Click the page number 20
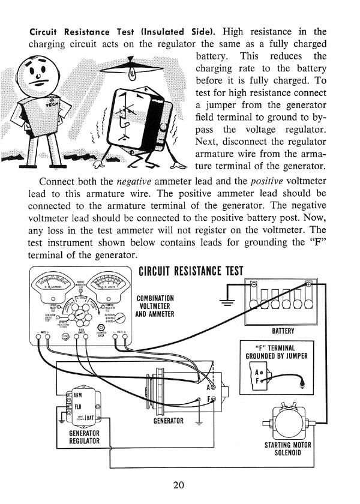click(179, 485)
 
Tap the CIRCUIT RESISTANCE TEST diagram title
click(191, 270)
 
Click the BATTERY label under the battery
click(283, 331)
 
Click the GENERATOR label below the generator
click(167, 421)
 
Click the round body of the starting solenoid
click(286, 419)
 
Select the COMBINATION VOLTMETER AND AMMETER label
click(155, 305)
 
